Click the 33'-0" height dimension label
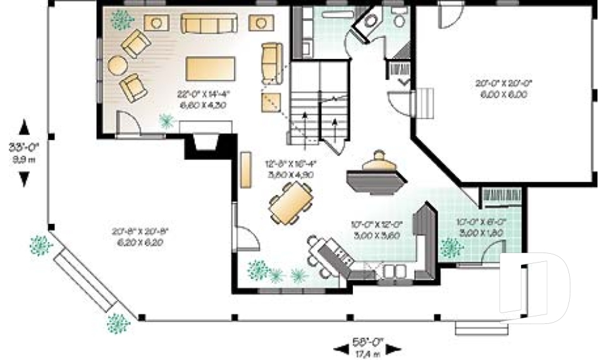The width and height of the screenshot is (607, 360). click(24, 148)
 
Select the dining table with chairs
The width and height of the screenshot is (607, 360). click(291, 203)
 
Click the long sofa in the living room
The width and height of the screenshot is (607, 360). click(204, 24)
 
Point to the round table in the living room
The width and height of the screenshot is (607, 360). click(118, 65)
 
